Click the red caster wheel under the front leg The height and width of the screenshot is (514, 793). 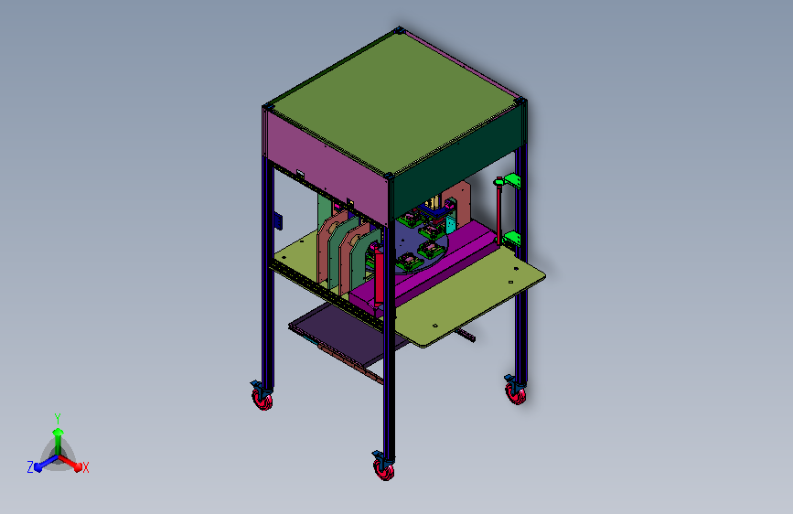click(384, 471)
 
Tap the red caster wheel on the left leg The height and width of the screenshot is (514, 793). click(263, 401)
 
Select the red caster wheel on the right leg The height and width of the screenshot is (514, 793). click(515, 393)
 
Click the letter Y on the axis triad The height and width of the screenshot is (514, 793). click(58, 419)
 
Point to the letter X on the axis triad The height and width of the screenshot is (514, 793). click(85, 468)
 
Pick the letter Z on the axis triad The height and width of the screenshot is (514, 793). click(30, 467)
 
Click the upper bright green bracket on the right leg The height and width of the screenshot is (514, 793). click(512, 180)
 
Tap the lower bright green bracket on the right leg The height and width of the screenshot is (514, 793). click(512, 239)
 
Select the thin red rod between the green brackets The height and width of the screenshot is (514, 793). click(499, 211)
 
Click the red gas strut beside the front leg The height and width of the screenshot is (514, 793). click(378, 275)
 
